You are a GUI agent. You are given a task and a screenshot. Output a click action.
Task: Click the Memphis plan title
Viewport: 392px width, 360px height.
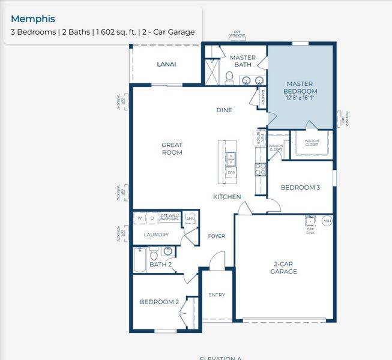click(x=33, y=19)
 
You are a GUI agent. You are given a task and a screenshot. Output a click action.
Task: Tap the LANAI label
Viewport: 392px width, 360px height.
click(x=166, y=64)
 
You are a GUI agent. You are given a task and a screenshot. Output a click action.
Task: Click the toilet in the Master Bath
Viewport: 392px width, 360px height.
click(x=229, y=77)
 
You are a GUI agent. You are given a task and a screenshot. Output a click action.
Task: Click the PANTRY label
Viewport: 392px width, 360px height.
click(x=264, y=97)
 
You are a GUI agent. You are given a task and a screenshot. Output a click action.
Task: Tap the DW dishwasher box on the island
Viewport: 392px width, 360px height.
click(x=231, y=172)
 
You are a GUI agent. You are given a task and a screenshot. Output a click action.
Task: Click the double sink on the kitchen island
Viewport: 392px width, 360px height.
click(x=231, y=158)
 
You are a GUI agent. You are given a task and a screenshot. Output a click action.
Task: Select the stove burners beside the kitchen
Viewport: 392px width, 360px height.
click(x=261, y=170)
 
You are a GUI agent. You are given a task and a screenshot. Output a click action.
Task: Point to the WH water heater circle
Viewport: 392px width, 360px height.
click(x=327, y=220)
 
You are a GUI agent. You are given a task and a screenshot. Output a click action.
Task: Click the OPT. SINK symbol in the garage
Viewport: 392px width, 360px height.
click(x=310, y=220)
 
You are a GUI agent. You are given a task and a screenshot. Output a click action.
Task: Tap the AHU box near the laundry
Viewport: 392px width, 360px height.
click(x=190, y=218)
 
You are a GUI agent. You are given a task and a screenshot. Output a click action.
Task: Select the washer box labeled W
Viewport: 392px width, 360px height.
click(x=139, y=218)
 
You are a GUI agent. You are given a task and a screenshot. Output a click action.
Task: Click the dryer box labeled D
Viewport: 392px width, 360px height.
click(x=152, y=218)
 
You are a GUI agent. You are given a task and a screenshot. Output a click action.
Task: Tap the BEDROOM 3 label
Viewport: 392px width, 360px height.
click(x=300, y=188)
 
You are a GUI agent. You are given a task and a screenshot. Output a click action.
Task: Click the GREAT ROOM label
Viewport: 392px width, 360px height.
click(x=172, y=149)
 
